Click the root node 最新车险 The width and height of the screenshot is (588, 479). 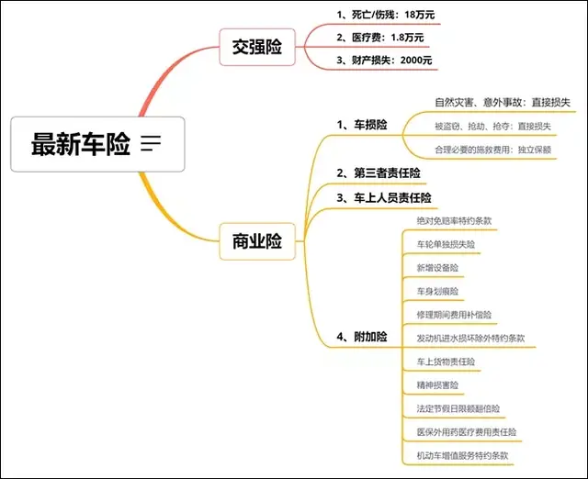(x=80, y=144)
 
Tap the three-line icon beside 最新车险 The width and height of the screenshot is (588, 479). (x=152, y=143)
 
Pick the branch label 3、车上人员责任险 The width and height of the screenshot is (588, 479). (x=386, y=197)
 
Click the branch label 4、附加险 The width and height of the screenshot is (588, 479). (x=361, y=338)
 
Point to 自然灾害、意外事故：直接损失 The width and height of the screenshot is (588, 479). (x=502, y=102)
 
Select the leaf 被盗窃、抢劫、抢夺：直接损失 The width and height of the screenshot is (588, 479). (x=492, y=126)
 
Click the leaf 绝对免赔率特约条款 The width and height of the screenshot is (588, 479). (x=454, y=221)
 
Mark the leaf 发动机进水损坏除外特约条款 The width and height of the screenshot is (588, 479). (x=470, y=339)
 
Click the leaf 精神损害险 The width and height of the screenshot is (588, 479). (x=437, y=385)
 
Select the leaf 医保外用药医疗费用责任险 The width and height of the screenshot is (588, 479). (x=466, y=432)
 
